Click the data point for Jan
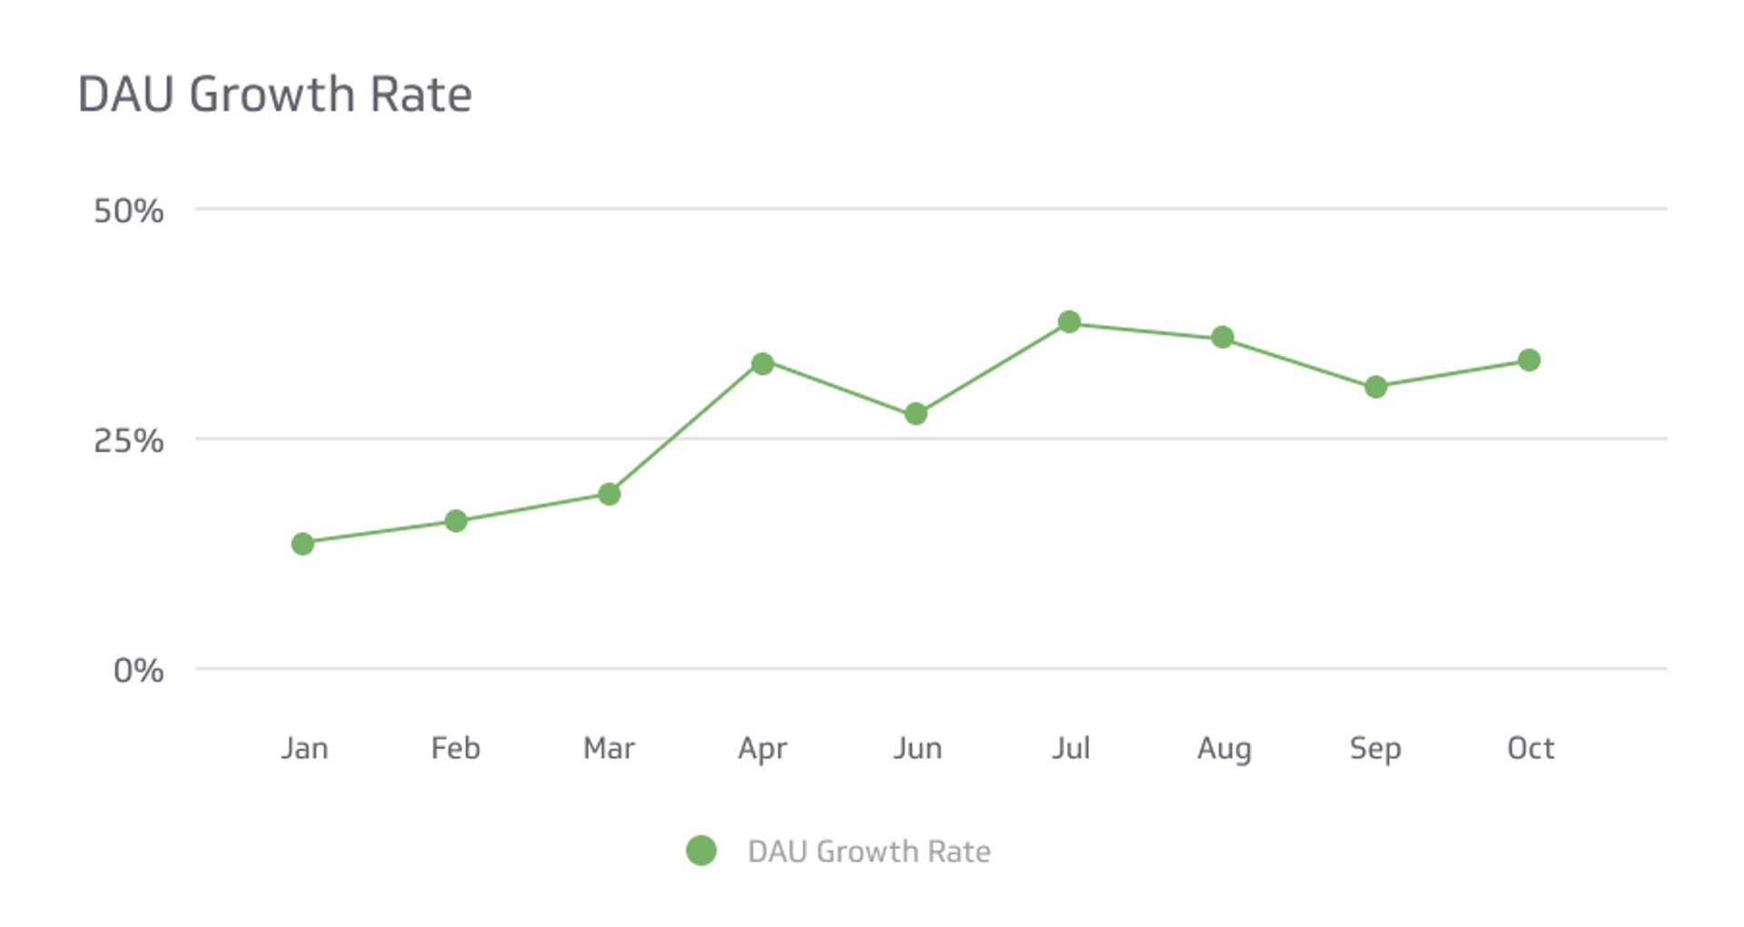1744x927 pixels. [x=302, y=544]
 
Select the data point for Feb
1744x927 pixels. [x=456, y=521]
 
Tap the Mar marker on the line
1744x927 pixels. [x=609, y=494]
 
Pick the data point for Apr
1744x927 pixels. [x=763, y=364]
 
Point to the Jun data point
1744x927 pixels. [x=916, y=414]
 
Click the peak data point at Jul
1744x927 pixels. [x=1069, y=322]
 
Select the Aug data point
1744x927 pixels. [x=1223, y=338]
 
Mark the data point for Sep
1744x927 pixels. [x=1376, y=388]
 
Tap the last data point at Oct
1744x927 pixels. [x=1529, y=360]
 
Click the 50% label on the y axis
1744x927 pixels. [x=128, y=212]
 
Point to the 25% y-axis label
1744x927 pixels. [x=128, y=441]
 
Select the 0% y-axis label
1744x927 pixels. [x=138, y=671]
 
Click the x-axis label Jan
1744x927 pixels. [x=304, y=748]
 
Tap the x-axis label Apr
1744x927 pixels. [x=762, y=749]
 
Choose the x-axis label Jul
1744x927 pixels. [x=1071, y=748]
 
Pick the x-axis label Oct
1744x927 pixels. [x=1531, y=748]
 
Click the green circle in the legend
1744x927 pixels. [x=701, y=851]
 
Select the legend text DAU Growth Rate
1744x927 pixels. [x=868, y=852]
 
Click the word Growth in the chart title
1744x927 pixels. [x=272, y=94]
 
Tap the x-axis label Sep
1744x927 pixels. [x=1375, y=749]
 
